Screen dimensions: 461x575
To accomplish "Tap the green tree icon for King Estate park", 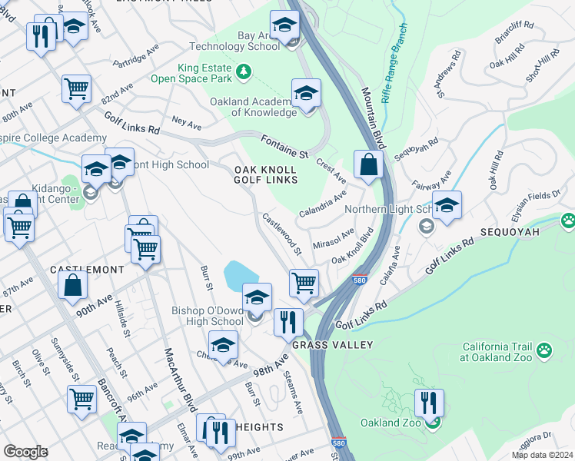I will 244,72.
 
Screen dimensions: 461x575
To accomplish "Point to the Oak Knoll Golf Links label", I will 266,173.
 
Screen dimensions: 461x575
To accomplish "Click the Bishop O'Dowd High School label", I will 207,316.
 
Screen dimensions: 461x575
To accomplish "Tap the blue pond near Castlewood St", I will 241,274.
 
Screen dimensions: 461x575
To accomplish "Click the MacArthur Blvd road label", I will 178,376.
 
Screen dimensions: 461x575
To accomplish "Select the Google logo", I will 25,451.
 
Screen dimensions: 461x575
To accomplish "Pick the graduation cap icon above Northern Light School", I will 447,205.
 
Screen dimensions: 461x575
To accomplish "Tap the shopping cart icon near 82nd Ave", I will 77,88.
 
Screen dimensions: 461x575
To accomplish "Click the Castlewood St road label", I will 281,234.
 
